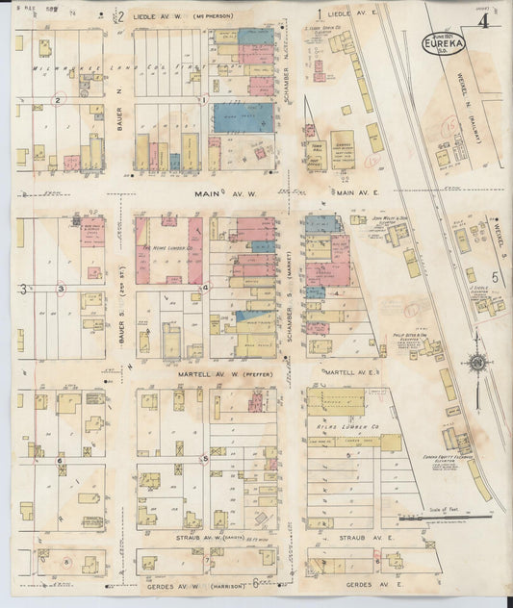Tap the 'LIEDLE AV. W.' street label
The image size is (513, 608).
click(x=158, y=16)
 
